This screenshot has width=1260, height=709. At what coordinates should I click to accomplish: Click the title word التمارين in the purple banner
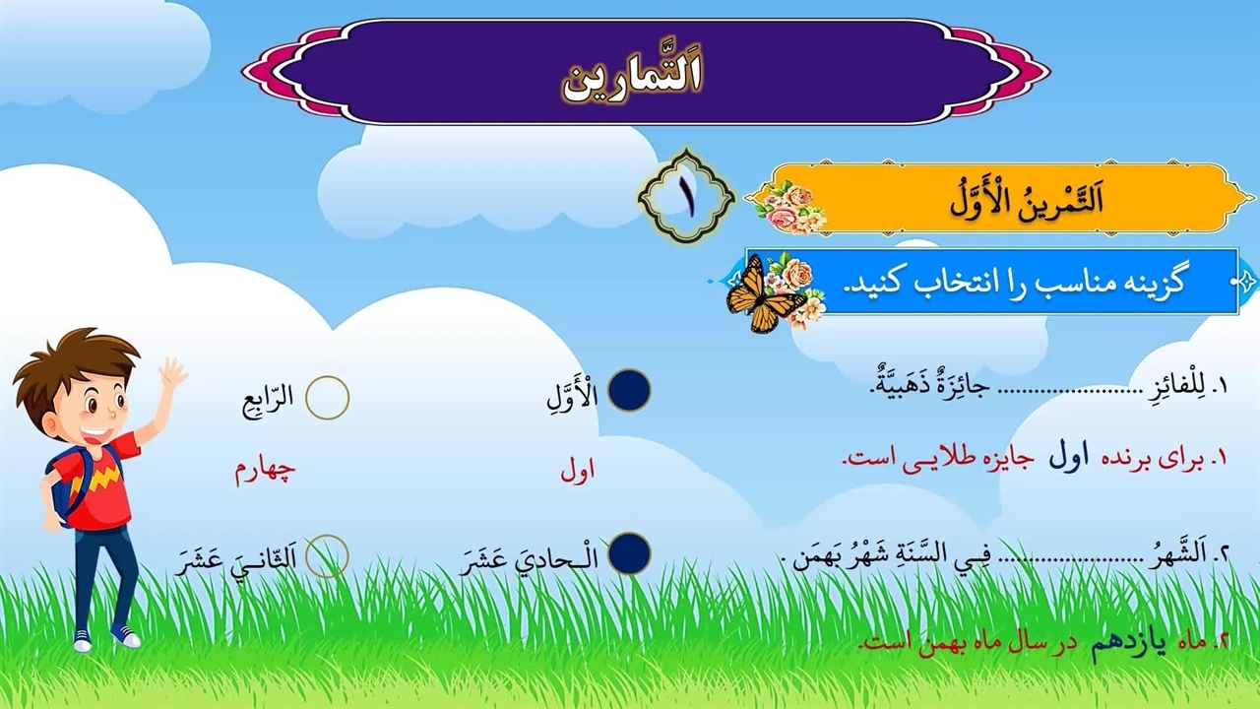coord(633,84)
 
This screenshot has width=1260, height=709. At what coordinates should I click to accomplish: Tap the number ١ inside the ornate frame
coord(687,197)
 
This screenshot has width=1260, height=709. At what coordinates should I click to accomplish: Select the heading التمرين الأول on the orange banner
coord(1027,200)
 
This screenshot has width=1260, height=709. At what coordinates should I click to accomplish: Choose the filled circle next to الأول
coord(629,390)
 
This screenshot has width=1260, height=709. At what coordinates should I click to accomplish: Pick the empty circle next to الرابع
coord(328,397)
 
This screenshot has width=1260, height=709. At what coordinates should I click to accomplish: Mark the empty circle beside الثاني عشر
coord(327,556)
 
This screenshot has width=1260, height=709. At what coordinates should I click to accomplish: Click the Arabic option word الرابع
coord(268,399)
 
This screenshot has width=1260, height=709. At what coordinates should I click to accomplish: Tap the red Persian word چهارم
coord(265,472)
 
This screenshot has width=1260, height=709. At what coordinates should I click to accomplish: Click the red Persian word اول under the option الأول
coord(578,472)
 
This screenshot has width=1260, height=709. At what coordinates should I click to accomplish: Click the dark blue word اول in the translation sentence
coord(1069,458)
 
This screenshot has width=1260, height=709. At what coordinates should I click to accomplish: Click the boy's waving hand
coord(172,373)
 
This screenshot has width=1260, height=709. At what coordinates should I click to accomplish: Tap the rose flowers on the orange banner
coord(790,208)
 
